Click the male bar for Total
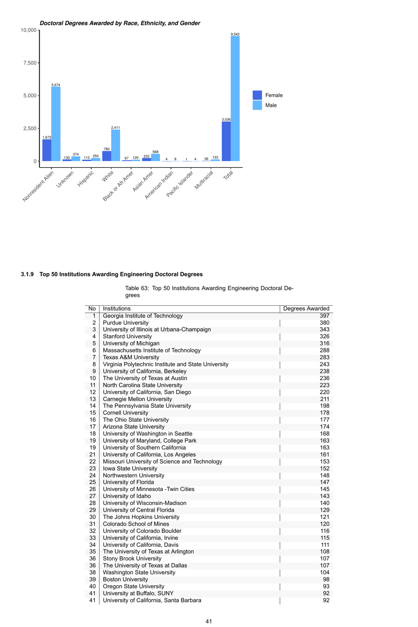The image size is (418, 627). click(x=235, y=99)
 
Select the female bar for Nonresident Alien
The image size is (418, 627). click(x=47, y=150)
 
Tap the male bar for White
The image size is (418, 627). click(x=115, y=145)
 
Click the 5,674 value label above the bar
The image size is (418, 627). click(x=56, y=85)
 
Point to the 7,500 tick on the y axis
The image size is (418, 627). click(x=30, y=63)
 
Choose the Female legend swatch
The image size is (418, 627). click(x=257, y=95)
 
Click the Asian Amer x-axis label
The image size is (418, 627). click(x=143, y=181)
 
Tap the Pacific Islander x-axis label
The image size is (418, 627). click(x=180, y=184)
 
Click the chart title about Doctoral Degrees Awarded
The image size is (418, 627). click(x=120, y=23)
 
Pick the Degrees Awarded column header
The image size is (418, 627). click(x=306, y=308)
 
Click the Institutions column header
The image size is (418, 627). click(x=117, y=308)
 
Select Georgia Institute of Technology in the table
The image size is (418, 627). click(x=143, y=316)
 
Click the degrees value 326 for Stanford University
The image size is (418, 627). click(x=324, y=337)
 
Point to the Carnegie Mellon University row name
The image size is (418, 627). click(x=137, y=399)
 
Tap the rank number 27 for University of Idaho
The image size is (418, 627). click(x=92, y=496)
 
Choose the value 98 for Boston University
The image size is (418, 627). click(x=326, y=579)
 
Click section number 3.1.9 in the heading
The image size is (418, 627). click(x=27, y=274)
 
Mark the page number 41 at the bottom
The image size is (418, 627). click(x=209, y=621)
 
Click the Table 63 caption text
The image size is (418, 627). click(x=209, y=291)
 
